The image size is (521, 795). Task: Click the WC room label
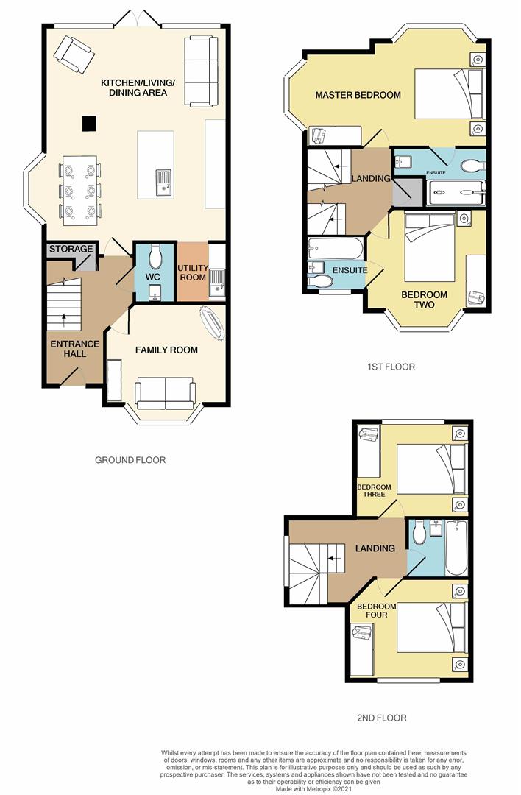pos(153,277)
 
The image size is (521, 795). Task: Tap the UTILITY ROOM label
pos(192,273)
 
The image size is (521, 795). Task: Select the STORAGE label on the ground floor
pos(71,249)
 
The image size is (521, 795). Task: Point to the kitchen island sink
pos(163,180)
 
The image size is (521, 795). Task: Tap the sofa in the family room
pos(165,393)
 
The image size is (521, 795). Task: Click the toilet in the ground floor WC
pos(155,258)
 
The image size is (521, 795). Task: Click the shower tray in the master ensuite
pos(456,192)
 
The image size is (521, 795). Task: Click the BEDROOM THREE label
pos(371,490)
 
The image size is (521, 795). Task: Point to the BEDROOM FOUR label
pos(372,611)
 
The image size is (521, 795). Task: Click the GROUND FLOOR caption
pos(130,460)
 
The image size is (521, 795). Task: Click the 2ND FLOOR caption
pos(381,718)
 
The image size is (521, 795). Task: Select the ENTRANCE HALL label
pos(68,348)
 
